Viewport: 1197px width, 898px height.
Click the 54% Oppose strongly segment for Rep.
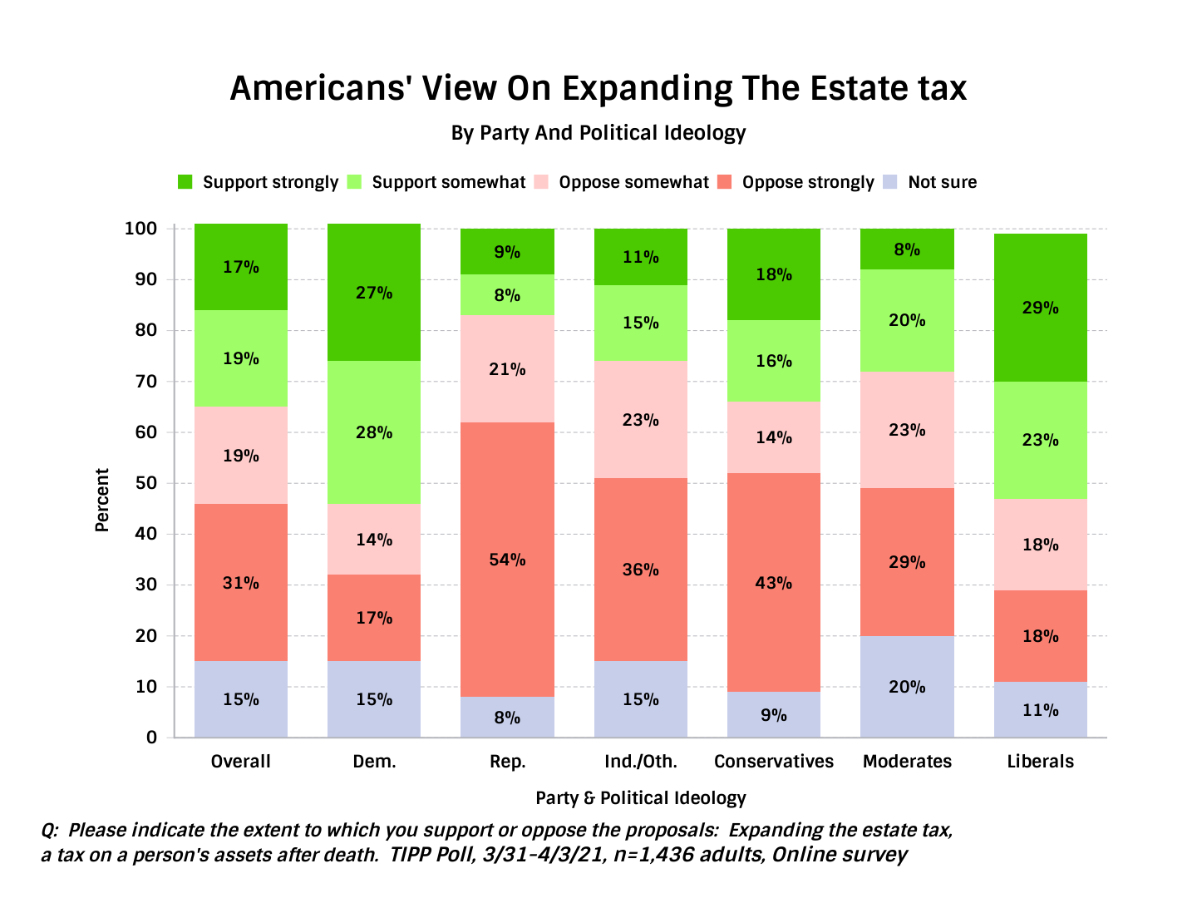coord(507,560)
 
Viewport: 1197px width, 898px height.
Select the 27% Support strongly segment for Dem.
coord(374,292)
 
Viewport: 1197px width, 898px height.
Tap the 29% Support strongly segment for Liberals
coord(1040,308)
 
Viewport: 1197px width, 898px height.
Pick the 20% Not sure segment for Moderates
coord(907,687)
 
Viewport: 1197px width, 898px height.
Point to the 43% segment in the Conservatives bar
coord(774,582)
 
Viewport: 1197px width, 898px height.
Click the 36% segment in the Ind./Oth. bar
coord(641,570)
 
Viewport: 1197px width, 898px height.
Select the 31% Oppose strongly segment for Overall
coord(241,582)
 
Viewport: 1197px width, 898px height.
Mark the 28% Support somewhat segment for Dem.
coord(374,432)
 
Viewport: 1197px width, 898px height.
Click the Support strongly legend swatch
coord(185,182)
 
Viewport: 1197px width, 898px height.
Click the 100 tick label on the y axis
coord(140,229)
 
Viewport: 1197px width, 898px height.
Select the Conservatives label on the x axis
coord(774,762)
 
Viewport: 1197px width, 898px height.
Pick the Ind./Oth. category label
coord(641,762)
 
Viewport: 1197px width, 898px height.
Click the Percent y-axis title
coord(102,500)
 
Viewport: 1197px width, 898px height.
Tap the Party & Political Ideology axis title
coord(641,798)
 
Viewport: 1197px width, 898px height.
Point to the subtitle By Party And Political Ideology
coord(598,133)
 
